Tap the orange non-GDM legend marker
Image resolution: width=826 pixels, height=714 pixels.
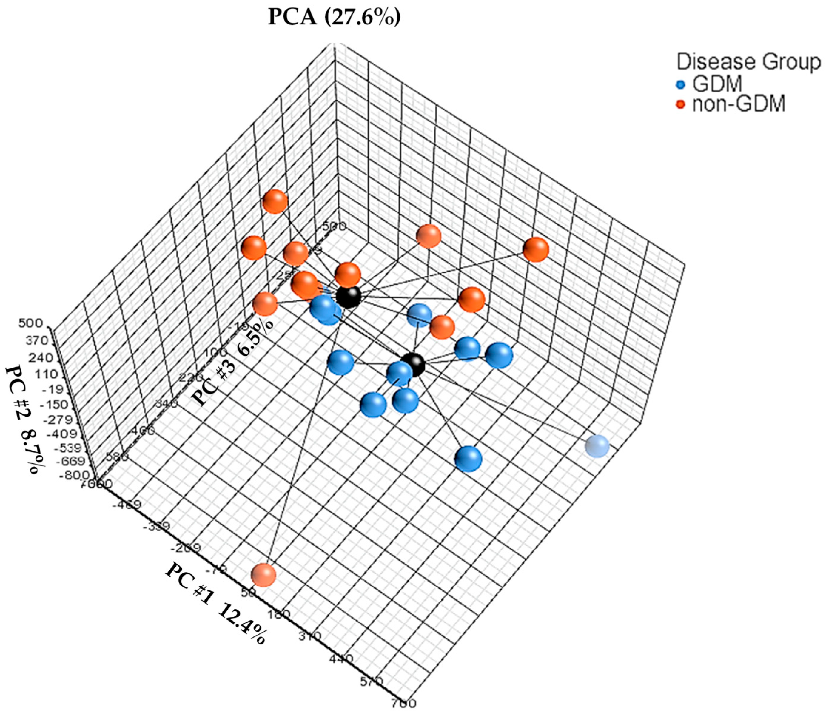tap(681, 105)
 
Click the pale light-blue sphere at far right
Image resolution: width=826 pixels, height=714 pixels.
tap(597, 446)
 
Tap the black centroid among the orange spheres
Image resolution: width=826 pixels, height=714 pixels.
tap(348, 297)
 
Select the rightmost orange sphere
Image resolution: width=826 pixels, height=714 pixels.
tap(535, 249)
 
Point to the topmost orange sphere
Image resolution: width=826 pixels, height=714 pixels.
tap(275, 202)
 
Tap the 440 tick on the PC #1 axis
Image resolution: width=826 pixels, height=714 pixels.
tap(341, 659)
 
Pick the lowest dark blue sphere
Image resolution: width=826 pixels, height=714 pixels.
tap(469, 459)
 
